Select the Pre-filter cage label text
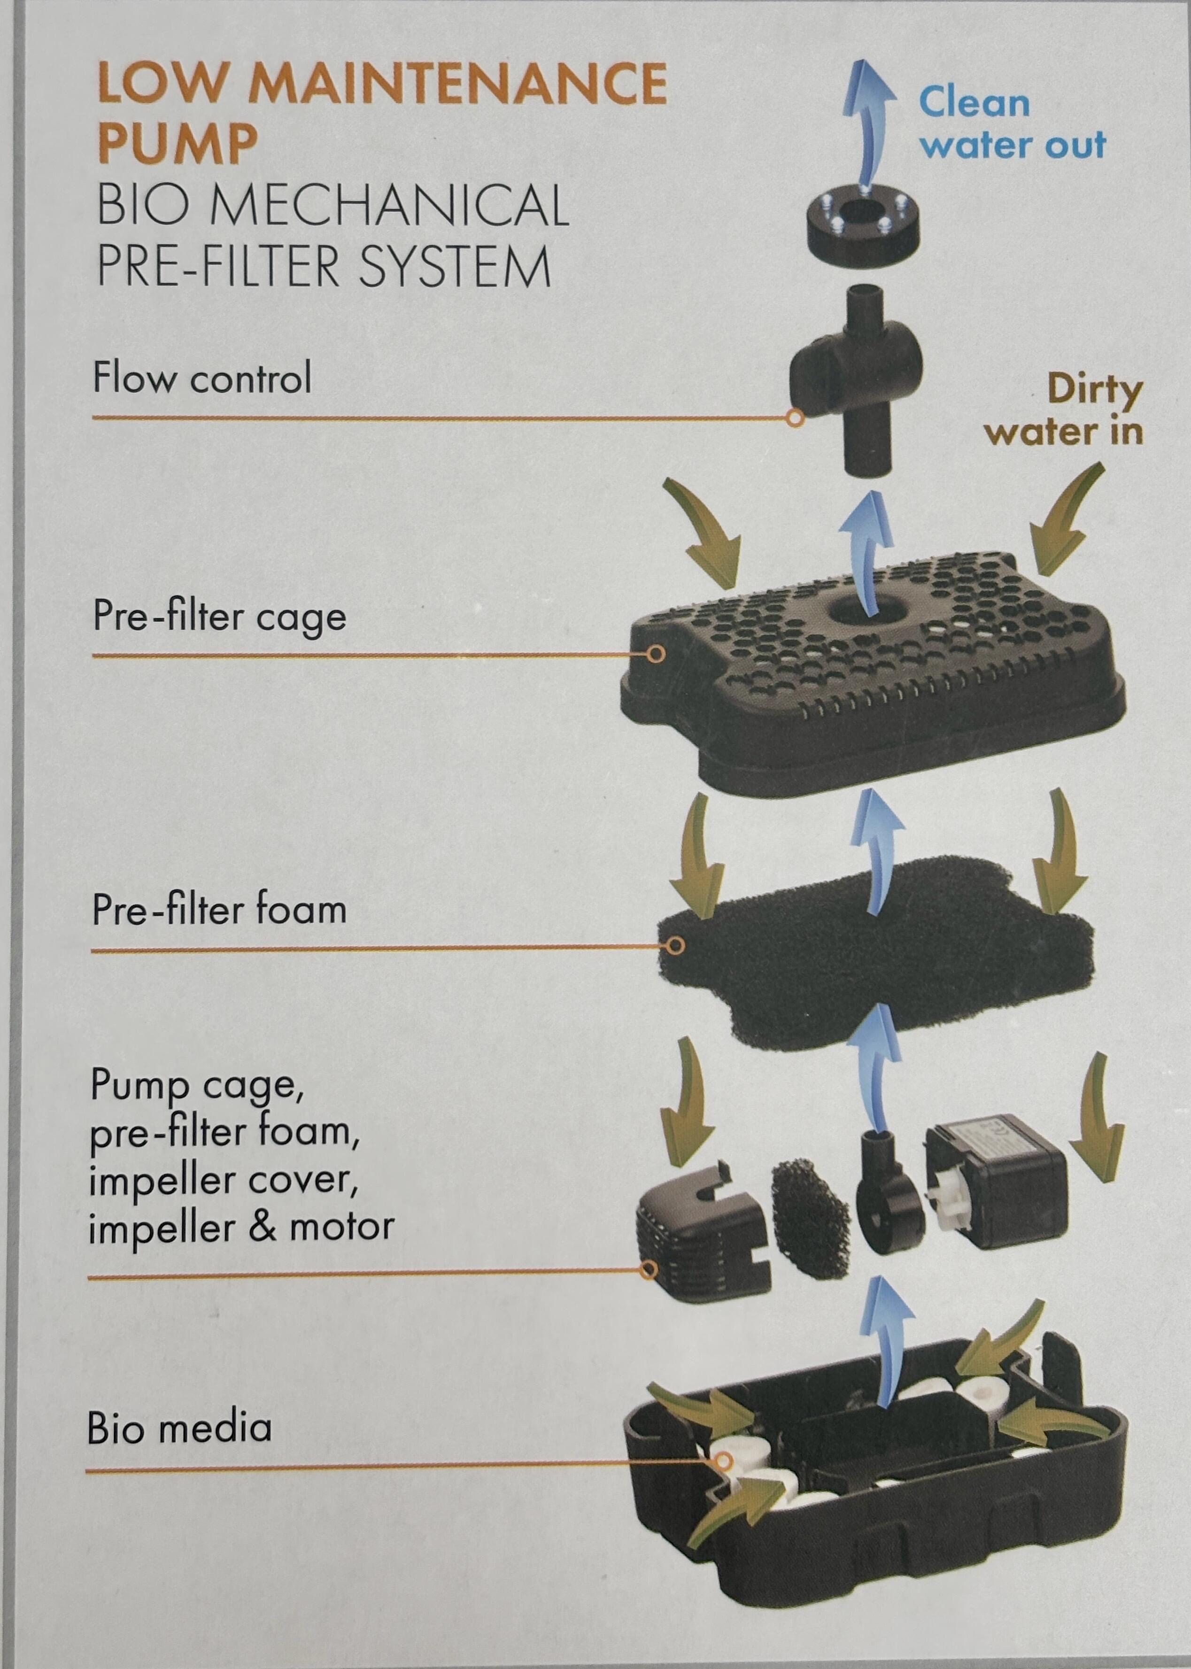(x=218, y=616)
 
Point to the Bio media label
(x=180, y=1429)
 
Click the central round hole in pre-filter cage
(x=851, y=610)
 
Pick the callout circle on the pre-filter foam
(x=675, y=946)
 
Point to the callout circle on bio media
(x=724, y=1462)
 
